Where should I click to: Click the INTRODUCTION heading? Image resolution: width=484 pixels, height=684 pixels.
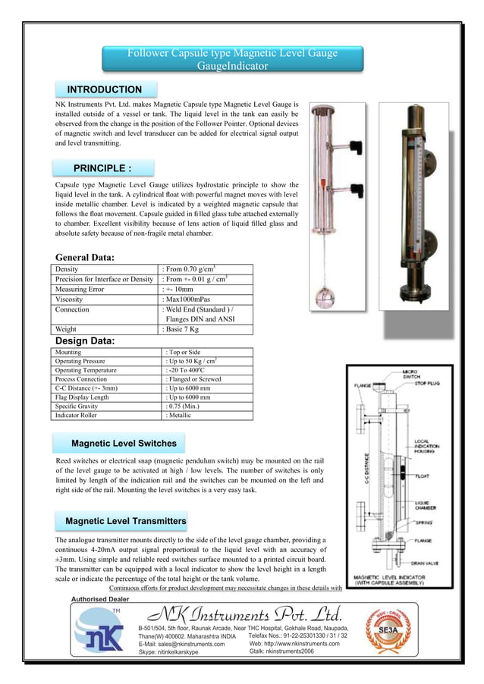point(105,90)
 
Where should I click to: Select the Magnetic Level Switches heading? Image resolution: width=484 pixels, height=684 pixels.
point(124,443)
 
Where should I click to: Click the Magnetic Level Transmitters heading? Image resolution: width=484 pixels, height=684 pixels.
point(126,522)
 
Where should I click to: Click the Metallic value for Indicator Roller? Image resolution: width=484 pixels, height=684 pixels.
point(180,416)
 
